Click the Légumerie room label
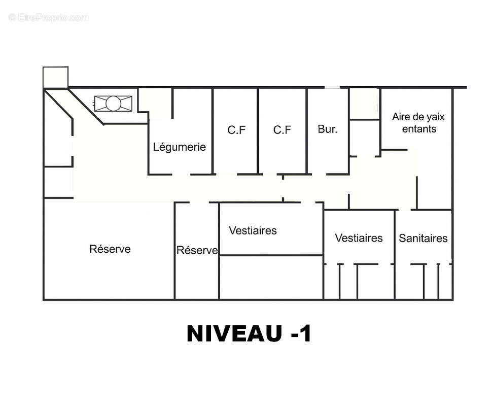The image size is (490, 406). (180, 147)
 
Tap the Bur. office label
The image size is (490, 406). (328, 129)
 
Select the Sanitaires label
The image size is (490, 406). (423, 238)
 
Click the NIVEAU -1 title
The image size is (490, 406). (249, 333)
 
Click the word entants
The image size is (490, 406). (419, 129)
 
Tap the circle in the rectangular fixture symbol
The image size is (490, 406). (113, 104)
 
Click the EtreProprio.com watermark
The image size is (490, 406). (49, 17)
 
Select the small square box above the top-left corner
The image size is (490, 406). (55, 77)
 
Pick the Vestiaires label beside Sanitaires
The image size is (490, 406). (359, 238)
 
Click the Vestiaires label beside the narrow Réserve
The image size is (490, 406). (253, 231)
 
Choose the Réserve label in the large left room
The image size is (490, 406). (110, 249)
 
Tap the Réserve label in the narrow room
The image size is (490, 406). (197, 250)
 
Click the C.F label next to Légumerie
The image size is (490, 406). (236, 130)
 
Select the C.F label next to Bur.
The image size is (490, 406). (282, 130)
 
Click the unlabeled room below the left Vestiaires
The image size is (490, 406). (271, 278)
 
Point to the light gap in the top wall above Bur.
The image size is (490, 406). (332, 87)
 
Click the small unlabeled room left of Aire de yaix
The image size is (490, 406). (364, 104)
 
